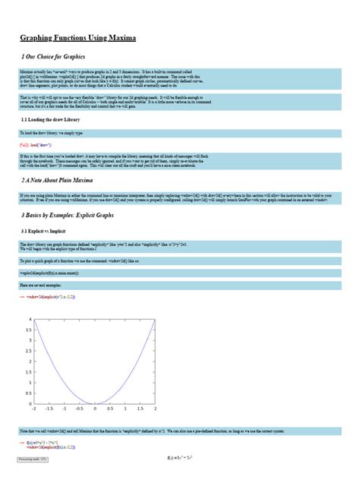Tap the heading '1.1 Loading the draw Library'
[x=50, y=120]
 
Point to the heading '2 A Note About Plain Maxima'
[x=58, y=181]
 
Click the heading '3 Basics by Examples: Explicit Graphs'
[x=75, y=216]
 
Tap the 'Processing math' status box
[x=33, y=459]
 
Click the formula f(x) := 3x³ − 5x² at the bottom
[x=180, y=459]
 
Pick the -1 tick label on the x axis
[x=64, y=409]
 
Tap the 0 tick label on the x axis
[x=95, y=409]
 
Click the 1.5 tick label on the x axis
[x=141, y=409]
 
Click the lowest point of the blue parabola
[x=95, y=403]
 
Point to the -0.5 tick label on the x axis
[x=79, y=409]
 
